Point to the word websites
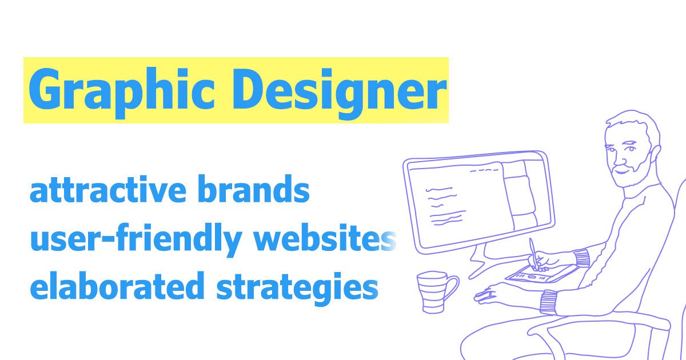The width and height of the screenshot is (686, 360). click(x=332, y=240)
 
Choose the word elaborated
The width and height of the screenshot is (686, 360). click(x=117, y=287)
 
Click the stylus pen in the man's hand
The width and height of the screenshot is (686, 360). click(x=534, y=252)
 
